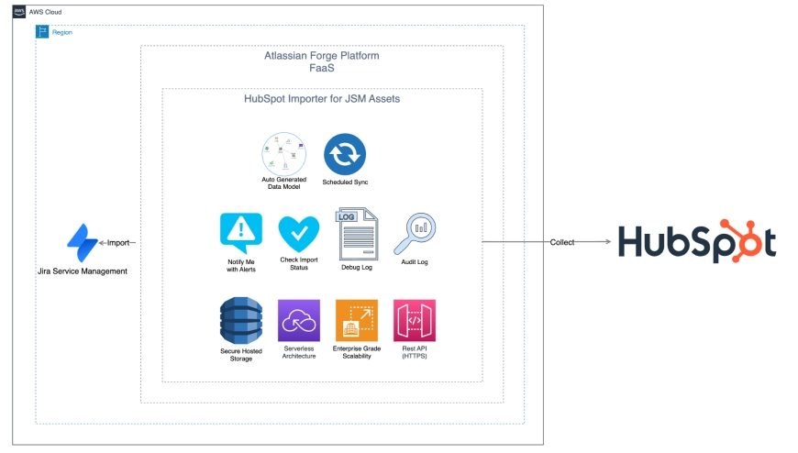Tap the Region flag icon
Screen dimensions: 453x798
[42, 32]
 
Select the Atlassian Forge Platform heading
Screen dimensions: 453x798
[321, 56]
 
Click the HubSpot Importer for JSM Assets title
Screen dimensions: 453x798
[322, 99]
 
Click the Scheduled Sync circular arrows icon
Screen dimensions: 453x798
[345, 154]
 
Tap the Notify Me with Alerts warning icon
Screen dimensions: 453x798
[241, 232]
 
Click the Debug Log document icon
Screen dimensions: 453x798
[356, 235]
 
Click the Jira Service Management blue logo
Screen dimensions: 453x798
[83, 242]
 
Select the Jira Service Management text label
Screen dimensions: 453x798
[83, 271]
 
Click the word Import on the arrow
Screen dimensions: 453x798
[117, 243]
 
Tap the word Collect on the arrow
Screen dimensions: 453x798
[562, 242]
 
